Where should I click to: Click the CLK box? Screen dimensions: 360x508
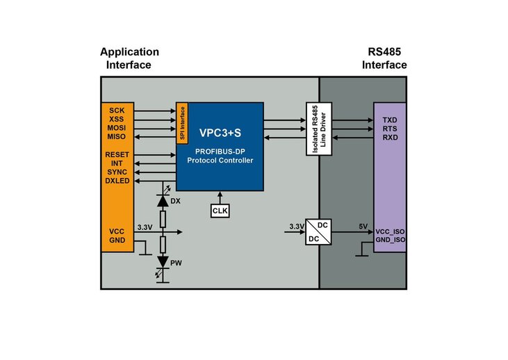point(220,211)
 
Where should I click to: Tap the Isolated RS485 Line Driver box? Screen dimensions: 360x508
point(316,130)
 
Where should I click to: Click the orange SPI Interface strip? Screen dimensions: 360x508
point(183,122)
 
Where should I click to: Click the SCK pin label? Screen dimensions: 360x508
point(116,111)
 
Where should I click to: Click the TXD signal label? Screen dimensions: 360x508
point(390,120)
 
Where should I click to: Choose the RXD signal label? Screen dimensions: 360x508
point(390,137)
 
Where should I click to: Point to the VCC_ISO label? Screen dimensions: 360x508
point(390,231)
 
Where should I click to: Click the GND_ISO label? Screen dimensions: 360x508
point(390,240)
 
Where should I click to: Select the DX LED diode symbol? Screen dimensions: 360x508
point(163,200)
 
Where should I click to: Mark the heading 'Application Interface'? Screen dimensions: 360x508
point(129,58)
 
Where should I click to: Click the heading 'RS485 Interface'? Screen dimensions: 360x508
point(384,58)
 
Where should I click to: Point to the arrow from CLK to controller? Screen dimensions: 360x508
point(220,197)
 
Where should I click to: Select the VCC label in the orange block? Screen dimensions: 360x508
point(117,231)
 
